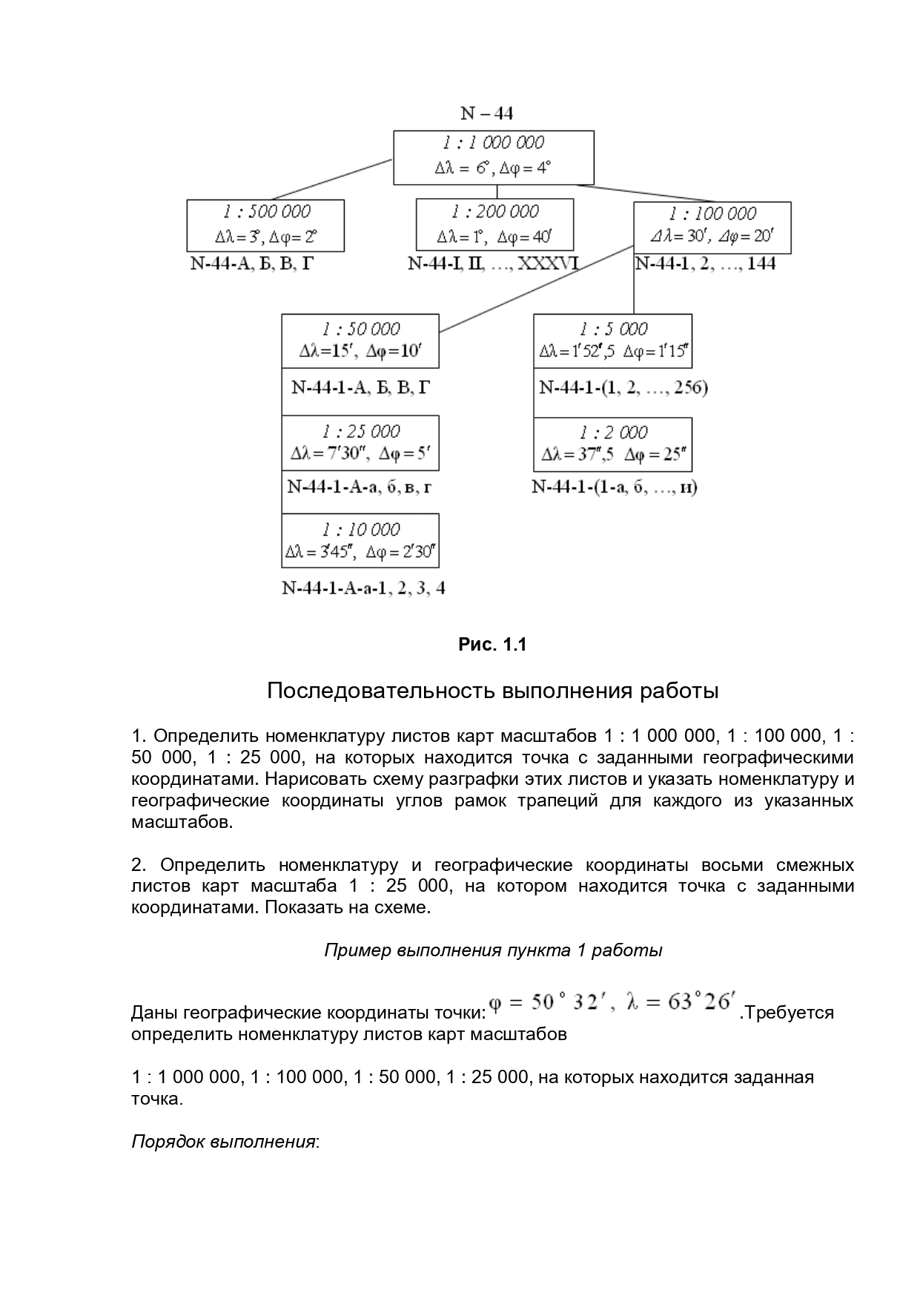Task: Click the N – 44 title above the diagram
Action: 486,114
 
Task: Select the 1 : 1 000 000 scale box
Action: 493,157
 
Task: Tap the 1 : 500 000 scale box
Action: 265,226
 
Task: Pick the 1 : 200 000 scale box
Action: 494,226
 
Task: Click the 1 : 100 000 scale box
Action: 712,227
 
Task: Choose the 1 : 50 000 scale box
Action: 360,341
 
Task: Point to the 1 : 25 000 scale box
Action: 360,443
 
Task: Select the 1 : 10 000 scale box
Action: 360,540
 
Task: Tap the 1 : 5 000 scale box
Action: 613,341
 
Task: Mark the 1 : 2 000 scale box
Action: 613,444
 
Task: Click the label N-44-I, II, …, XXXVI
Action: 493,263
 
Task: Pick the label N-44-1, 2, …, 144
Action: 705,263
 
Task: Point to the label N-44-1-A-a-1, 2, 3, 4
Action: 363,588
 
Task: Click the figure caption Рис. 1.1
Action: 492,645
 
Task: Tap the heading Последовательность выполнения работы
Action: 492,691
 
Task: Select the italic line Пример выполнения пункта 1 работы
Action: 493,950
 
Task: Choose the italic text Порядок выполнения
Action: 224,1141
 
